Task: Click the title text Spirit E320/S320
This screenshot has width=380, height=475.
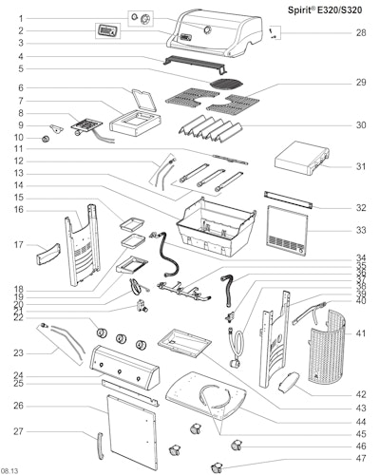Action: tap(325, 10)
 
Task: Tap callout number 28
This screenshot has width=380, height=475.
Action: tap(361, 32)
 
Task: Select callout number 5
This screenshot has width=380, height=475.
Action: tap(21, 68)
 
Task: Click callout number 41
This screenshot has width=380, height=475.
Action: tap(361, 333)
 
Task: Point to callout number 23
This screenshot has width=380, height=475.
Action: tap(18, 352)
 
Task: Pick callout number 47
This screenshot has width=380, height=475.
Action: tap(361, 458)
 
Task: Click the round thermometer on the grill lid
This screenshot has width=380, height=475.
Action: tap(207, 29)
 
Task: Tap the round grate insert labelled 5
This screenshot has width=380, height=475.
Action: tap(227, 84)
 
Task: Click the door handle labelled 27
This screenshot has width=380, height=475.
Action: tap(101, 446)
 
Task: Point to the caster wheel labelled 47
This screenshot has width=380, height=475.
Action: tap(217, 467)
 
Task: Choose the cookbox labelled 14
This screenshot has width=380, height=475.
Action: tap(216, 227)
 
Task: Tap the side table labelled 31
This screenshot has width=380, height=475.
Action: tap(302, 159)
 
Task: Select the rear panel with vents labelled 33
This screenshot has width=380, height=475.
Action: tap(288, 231)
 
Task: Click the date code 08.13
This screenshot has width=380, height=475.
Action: tap(9, 471)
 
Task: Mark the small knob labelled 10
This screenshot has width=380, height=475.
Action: tap(47, 139)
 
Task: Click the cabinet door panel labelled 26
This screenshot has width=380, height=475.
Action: tap(132, 432)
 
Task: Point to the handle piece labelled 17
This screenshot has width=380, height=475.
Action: tap(47, 254)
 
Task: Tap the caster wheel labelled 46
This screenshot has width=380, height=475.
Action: tap(237, 445)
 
